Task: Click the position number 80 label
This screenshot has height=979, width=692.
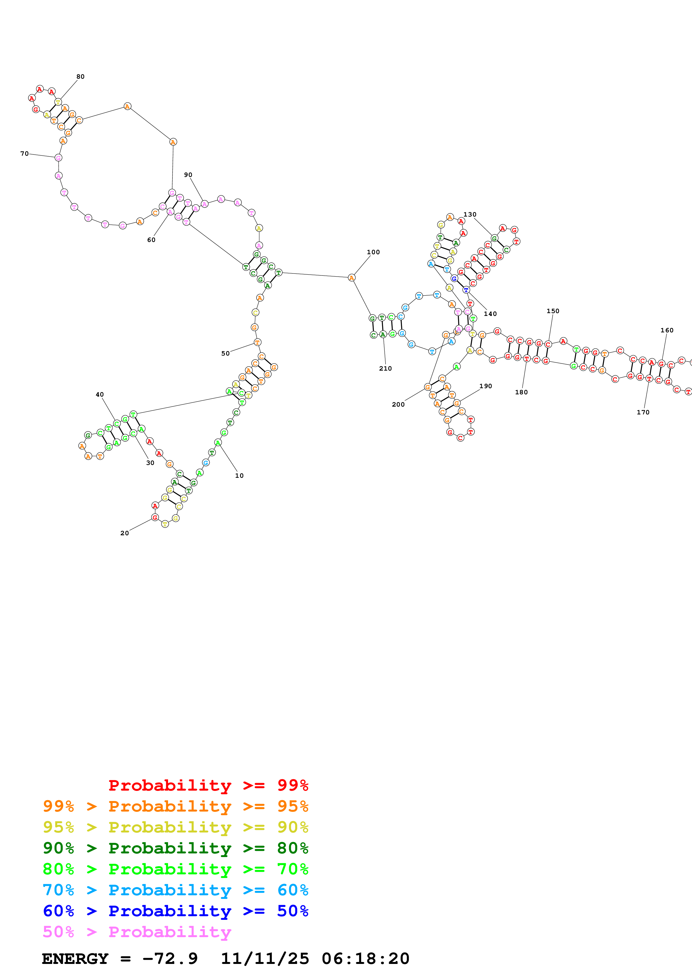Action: click(80, 77)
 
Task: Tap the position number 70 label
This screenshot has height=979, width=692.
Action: click(24, 153)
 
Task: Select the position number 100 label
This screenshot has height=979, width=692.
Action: click(373, 252)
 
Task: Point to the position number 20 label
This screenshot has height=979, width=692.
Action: click(124, 533)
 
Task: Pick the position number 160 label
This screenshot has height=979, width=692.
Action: click(667, 330)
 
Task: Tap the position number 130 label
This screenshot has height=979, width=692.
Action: click(470, 215)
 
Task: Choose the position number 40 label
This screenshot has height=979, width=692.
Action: click(100, 394)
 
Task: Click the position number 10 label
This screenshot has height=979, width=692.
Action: click(239, 476)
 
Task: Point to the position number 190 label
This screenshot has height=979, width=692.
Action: click(486, 386)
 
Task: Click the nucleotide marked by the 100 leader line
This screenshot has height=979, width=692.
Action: click(351, 278)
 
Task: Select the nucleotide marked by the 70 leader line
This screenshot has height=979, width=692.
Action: click(58, 158)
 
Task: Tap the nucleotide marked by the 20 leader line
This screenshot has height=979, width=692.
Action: click(155, 518)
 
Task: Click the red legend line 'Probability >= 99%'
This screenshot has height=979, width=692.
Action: click(208, 785)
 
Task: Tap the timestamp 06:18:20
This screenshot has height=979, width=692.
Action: click(365, 959)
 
